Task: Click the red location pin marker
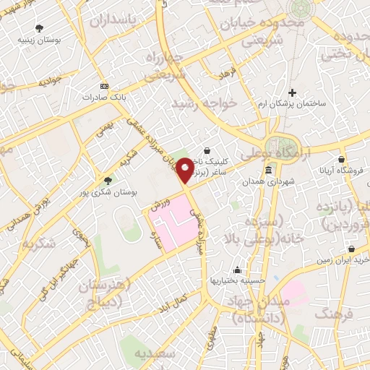click(x=186, y=168)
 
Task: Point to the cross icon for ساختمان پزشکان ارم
click(x=293, y=92)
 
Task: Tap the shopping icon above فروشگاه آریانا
click(x=340, y=160)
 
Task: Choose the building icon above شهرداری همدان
click(x=269, y=171)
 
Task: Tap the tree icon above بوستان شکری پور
click(x=108, y=181)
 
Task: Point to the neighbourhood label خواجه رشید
click(x=203, y=103)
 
